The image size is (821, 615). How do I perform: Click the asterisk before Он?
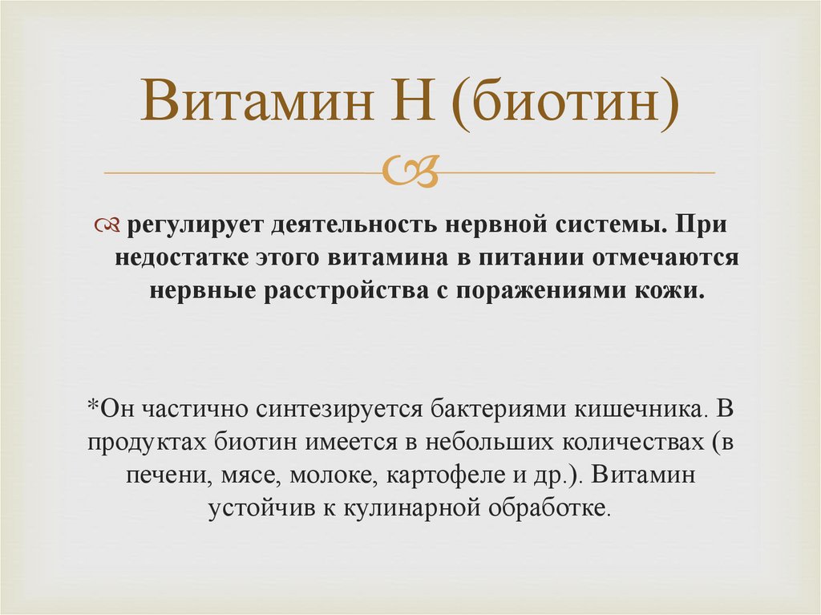pos(92,407)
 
